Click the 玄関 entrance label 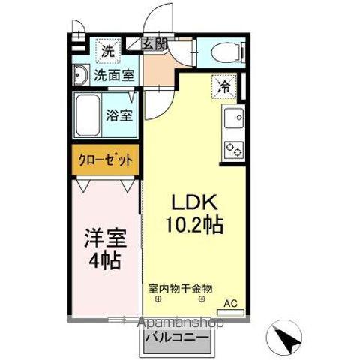[x=155, y=44]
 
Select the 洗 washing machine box [x=108, y=52]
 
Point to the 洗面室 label [x=114, y=74]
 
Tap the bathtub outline [x=91, y=115]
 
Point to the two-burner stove [x=232, y=148]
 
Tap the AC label [x=232, y=304]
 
